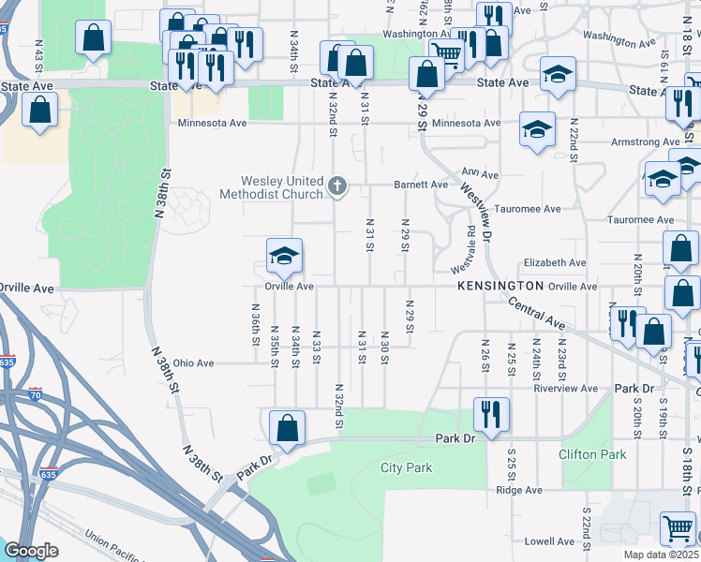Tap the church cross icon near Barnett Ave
pyautogui.click(x=338, y=187)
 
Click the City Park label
pyautogui.click(x=406, y=467)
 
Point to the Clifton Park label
pyautogui.click(x=591, y=455)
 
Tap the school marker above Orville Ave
pyautogui.click(x=285, y=256)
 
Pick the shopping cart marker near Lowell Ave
pyautogui.click(x=679, y=527)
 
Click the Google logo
pyautogui.click(x=31, y=551)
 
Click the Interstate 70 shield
pyautogui.click(x=36, y=394)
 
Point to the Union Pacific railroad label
pyautogui.click(x=122, y=542)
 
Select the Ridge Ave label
pyautogui.click(x=519, y=490)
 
